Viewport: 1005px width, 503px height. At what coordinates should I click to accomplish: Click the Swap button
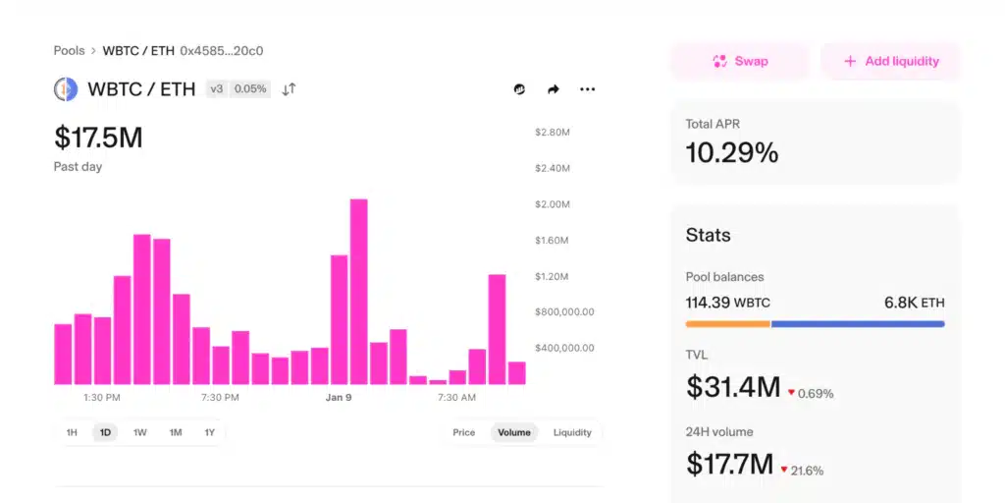point(740,61)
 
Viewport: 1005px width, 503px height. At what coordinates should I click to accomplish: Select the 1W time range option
point(140,432)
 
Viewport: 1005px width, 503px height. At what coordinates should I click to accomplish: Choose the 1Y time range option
point(209,432)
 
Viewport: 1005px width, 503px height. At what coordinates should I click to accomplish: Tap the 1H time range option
point(72,432)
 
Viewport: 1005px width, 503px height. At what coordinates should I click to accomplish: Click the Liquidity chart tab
point(572,432)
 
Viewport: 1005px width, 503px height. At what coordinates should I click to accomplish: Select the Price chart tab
point(464,432)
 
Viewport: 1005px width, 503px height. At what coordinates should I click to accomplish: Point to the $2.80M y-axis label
point(553,132)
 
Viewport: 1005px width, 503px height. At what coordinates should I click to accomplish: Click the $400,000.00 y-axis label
point(564,348)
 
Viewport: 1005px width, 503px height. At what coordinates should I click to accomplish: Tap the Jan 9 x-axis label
point(339,398)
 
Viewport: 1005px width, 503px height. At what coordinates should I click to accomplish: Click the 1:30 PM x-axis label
point(102,398)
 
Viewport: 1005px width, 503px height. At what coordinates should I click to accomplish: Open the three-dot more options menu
point(587,89)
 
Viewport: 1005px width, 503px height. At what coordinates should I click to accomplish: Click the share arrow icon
point(554,89)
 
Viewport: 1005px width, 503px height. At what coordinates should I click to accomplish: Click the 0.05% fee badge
point(250,89)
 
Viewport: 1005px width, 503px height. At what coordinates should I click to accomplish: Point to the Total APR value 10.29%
point(731,152)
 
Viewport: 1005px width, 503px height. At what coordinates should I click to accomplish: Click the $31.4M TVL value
point(732,387)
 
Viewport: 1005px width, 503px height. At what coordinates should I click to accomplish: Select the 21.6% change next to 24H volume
point(807,471)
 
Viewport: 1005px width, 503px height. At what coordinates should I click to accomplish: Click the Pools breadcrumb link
point(69,50)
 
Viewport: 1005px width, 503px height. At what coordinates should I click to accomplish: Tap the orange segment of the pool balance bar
point(727,323)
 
